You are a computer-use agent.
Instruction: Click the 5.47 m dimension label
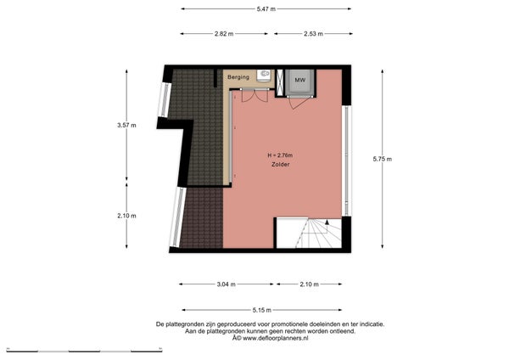tap(266, 8)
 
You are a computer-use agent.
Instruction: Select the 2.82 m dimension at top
tap(225, 34)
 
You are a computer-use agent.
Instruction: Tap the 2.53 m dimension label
tap(310, 34)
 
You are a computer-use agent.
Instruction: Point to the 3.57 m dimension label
tap(126, 126)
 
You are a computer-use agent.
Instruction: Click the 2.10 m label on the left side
tap(126, 216)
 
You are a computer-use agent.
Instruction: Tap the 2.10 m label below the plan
tap(310, 284)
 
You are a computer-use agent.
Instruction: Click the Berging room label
tap(238, 77)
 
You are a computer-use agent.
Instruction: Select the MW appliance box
tap(299, 80)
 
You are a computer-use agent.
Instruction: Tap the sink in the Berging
tap(265, 76)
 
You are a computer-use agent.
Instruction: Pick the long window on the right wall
tap(344, 160)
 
